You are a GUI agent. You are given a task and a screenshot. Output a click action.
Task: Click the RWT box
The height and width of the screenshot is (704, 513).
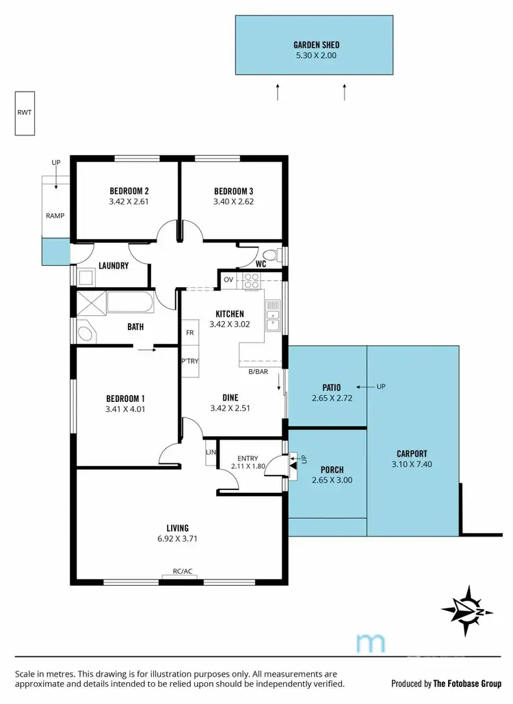(x=25, y=113)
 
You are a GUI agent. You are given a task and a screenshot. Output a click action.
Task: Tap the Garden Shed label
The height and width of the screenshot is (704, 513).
(x=315, y=44)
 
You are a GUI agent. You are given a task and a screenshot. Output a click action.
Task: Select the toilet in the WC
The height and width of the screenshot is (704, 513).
(x=274, y=256)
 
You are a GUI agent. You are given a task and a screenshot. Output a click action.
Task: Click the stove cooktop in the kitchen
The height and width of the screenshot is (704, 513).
(x=252, y=280)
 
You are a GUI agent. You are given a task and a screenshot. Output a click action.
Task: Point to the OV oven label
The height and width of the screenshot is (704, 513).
(x=228, y=280)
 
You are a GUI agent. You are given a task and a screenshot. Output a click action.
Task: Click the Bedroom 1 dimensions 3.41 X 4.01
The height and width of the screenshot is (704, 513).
(x=125, y=410)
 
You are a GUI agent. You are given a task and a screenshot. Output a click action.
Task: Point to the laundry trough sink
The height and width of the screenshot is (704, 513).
(x=85, y=277)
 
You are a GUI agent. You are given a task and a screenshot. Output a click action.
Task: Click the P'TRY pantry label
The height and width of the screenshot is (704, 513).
(x=189, y=362)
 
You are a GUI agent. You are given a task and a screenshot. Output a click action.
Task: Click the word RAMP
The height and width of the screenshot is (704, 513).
(x=55, y=216)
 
